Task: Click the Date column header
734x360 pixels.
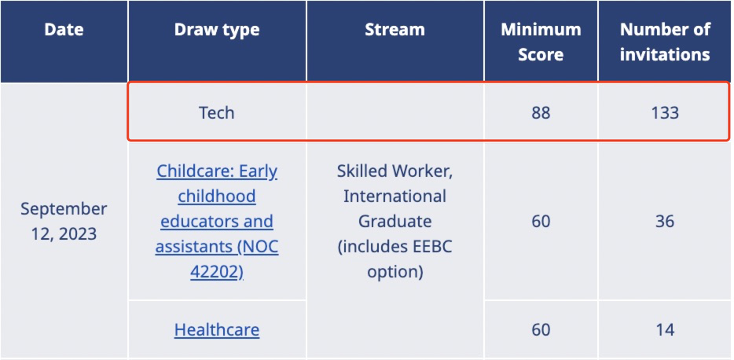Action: point(64,30)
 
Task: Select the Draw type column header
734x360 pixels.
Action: point(217,30)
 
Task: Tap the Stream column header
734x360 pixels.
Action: point(395,30)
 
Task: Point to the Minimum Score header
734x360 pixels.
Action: point(541,42)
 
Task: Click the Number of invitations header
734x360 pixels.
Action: point(665,42)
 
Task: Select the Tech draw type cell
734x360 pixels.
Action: point(217,113)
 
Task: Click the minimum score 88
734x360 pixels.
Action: point(541,113)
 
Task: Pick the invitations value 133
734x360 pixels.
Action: point(665,113)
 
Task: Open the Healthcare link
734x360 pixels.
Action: point(217,330)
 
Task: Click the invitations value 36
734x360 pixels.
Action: point(665,222)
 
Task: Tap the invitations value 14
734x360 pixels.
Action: point(665,330)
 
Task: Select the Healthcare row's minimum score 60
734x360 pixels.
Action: point(541,330)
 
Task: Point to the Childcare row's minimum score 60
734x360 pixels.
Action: point(541,222)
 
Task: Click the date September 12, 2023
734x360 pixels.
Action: point(64,221)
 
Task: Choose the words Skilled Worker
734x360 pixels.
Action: point(395,171)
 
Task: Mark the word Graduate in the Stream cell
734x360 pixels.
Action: point(395,222)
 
